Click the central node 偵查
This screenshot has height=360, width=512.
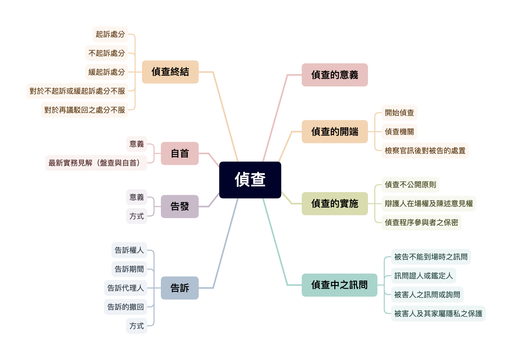(x=250, y=180)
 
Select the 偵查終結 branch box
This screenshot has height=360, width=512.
(x=170, y=72)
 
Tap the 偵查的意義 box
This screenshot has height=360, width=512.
(x=335, y=75)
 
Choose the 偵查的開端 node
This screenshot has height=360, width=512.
(x=335, y=131)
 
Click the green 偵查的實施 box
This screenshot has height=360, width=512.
(x=335, y=203)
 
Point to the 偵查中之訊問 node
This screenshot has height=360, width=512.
(x=339, y=285)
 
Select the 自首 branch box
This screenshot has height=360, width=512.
(x=179, y=154)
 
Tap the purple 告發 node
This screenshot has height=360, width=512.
(x=179, y=206)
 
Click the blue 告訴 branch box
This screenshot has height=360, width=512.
(x=179, y=288)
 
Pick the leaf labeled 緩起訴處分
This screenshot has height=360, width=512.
(x=107, y=72)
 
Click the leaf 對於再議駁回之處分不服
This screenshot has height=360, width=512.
(x=84, y=110)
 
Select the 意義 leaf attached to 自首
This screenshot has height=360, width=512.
(x=136, y=144)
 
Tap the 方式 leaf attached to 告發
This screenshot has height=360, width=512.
(x=136, y=216)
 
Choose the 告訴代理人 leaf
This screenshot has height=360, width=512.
(x=125, y=288)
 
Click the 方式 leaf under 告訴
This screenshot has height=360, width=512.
(x=136, y=326)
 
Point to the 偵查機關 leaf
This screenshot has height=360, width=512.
(x=399, y=132)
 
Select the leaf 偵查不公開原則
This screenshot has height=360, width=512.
(x=410, y=185)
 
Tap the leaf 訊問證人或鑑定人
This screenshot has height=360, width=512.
(x=423, y=276)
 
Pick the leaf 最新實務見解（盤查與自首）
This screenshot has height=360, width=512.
(x=96, y=163)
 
